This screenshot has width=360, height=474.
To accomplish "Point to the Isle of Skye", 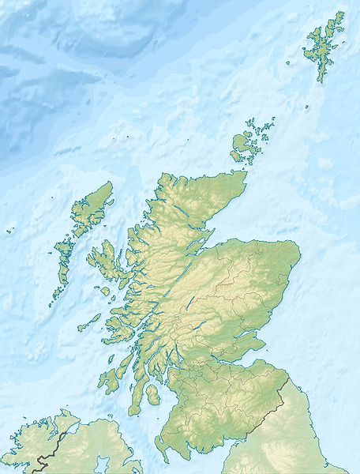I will click(x=103, y=260).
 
